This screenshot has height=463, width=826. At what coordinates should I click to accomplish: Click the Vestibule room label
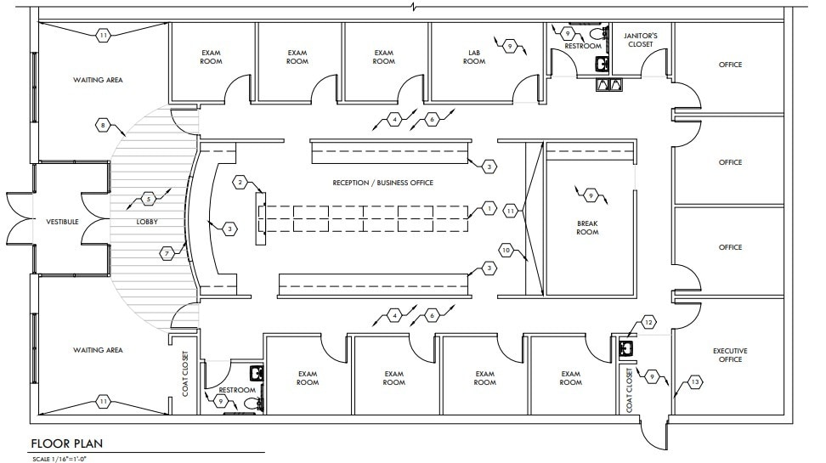coord(63,222)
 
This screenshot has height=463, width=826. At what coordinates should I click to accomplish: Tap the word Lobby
coord(147,222)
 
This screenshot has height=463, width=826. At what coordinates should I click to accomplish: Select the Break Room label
coord(587,228)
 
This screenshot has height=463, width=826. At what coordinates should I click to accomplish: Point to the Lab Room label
coord(474,57)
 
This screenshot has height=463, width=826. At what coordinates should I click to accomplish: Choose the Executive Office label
coord(730,355)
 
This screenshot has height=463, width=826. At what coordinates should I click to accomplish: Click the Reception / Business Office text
coord(383,183)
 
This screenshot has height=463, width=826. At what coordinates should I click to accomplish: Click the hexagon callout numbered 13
coord(696,384)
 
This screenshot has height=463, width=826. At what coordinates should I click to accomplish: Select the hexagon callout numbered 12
coord(648,322)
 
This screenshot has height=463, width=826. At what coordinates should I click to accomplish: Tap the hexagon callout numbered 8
coord(103,126)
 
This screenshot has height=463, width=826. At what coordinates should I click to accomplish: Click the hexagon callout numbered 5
coord(149,200)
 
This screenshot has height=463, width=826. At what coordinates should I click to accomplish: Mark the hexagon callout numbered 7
coord(167,252)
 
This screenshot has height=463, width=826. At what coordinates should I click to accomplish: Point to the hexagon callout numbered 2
coord(240,183)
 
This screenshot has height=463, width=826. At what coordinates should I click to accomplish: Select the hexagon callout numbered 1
coord(489,207)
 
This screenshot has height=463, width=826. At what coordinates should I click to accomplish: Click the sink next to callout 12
coord(627,347)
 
